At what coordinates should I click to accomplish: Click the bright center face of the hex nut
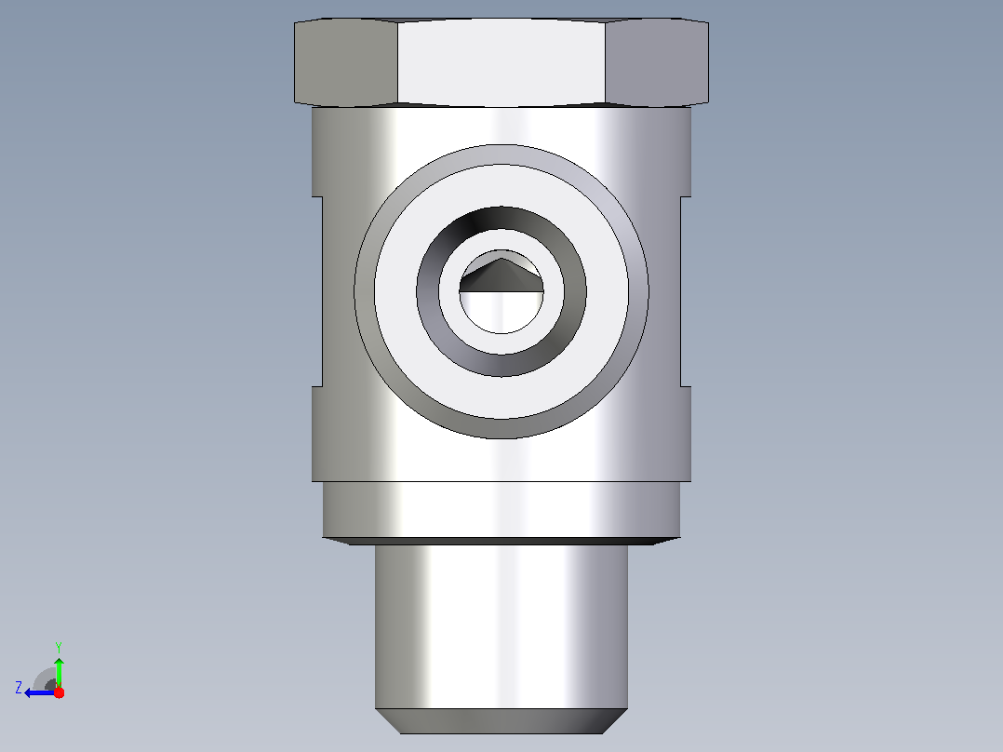click(501, 62)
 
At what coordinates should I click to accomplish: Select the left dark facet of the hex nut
click(345, 62)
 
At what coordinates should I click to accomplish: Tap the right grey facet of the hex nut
click(657, 62)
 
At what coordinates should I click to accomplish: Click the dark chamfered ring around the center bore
click(501, 365)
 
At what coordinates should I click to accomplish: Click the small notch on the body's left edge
click(316, 291)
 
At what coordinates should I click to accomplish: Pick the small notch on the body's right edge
click(686, 291)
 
